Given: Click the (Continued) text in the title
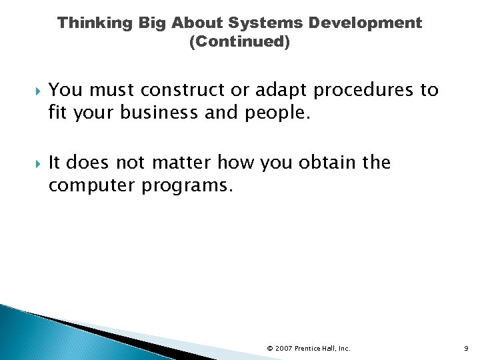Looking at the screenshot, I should point(239,43).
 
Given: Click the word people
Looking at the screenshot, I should point(279,113).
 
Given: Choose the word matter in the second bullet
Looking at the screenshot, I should point(187,163).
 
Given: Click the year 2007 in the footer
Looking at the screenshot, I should point(284,348).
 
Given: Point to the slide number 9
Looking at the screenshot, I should point(467,348).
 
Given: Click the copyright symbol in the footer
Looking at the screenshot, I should point(269,348).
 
